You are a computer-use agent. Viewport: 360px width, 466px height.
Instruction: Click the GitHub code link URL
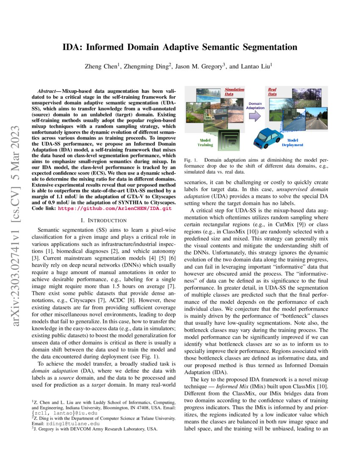(114, 209)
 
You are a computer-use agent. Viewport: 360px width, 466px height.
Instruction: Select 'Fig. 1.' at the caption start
(191, 161)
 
